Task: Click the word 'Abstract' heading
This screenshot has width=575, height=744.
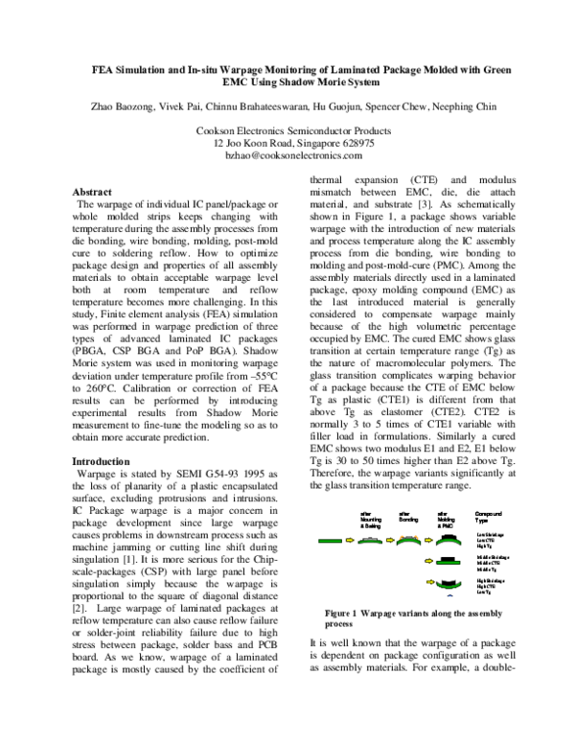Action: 99,192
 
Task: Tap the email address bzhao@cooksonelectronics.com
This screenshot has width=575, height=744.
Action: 287,154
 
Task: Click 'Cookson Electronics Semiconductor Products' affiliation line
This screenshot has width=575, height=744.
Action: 287,129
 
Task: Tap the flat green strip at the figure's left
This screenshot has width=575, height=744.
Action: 331,542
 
